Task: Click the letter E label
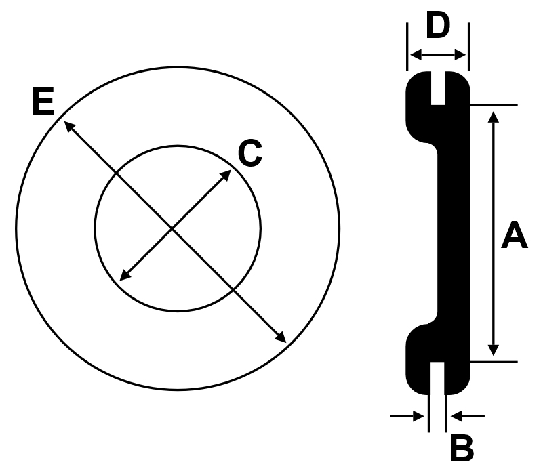coord(43,101)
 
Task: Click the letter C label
coord(250,154)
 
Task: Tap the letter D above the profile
coord(438,24)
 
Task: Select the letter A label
coord(514,235)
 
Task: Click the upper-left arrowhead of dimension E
coord(70,126)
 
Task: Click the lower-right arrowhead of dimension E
coord(281,337)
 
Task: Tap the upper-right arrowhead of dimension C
coord(226,175)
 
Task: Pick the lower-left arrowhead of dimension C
coord(125,275)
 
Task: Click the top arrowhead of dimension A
coord(494,117)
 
